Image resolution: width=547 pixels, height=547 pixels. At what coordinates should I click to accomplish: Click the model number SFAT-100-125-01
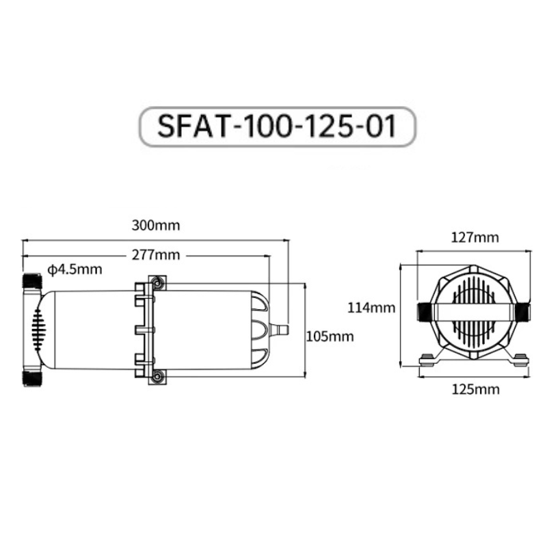pos(277,126)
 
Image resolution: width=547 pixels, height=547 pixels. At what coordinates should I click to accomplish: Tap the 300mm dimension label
pos(156,226)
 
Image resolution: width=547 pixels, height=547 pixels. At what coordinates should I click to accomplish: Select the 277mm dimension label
pos(156,255)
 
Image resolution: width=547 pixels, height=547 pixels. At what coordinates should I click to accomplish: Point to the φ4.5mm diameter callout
pos(75,269)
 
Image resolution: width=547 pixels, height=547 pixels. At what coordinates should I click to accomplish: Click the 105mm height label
pos(330,336)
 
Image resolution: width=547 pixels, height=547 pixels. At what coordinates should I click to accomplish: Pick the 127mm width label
pos(475,237)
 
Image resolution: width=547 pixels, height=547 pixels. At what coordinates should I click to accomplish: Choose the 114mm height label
pos(371,308)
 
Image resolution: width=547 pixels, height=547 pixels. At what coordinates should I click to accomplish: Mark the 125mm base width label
pos(476,389)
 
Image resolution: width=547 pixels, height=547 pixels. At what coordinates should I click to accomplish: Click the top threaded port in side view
pos(32,281)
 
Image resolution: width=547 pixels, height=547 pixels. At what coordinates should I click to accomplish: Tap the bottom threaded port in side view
pos(32,378)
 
